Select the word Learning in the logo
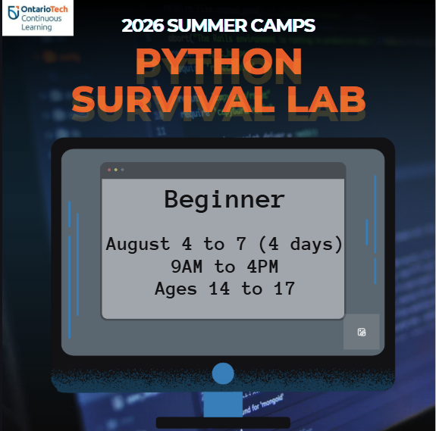(x=36, y=27)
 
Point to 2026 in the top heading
(x=142, y=26)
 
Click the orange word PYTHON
(x=218, y=63)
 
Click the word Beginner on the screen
(x=224, y=200)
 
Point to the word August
(x=138, y=244)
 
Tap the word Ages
(x=177, y=289)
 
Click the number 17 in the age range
(x=282, y=289)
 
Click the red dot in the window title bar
(x=109, y=170)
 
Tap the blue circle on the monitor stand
(x=223, y=373)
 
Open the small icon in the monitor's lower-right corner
(x=362, y=332)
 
